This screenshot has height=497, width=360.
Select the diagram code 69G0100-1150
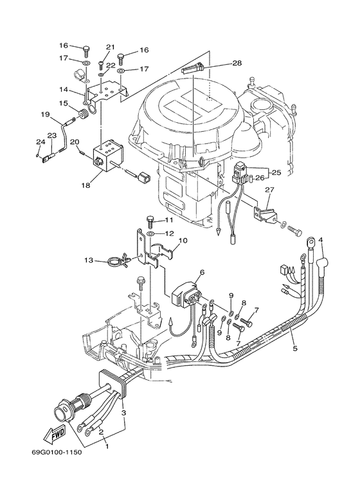(57, 452)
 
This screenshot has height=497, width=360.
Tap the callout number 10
(183, 241)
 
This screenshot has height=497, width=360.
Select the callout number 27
(269, 190)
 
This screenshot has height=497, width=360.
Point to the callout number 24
(40, 142)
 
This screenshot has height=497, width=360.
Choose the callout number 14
(64, 91)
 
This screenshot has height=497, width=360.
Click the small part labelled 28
(194, 68)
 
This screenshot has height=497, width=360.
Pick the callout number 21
(110, 47)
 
